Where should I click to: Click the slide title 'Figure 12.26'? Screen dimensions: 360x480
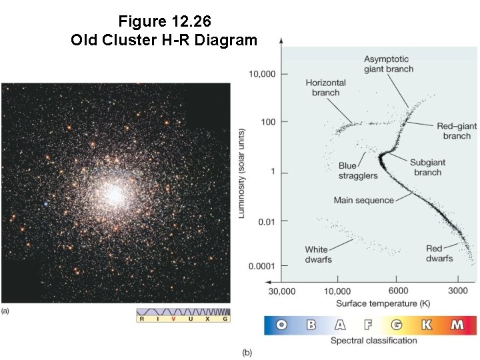[164, 21]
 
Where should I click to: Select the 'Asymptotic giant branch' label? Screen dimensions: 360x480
[388, 64]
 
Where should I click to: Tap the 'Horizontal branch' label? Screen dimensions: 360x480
[325, 87]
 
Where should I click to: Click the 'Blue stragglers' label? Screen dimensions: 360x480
[357, 171]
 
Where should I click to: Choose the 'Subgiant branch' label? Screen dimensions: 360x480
[427, 167]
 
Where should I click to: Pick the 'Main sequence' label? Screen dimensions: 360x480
[363, 200]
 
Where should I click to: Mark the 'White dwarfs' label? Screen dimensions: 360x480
[319, 255]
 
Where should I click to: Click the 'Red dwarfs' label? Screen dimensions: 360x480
[439, 253]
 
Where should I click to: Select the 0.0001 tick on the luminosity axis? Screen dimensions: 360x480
[261, 266]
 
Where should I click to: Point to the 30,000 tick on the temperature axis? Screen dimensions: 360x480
[281, 292]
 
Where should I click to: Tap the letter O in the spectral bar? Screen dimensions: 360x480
[281, 325]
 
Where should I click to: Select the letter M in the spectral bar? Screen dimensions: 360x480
[457, 325]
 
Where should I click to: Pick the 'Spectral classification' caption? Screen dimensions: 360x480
[373, 341]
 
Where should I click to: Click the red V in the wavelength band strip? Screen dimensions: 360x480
[173, 319]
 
